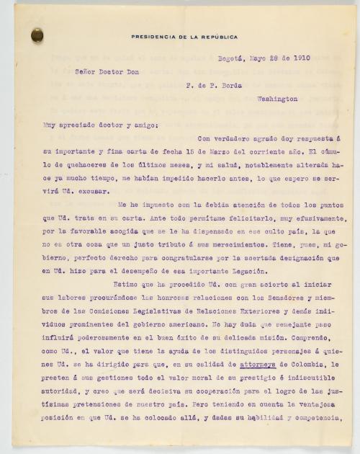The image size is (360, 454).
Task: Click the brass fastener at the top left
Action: (x=37, y=34)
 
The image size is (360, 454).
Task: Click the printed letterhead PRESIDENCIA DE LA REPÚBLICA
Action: (x=184, y=36)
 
